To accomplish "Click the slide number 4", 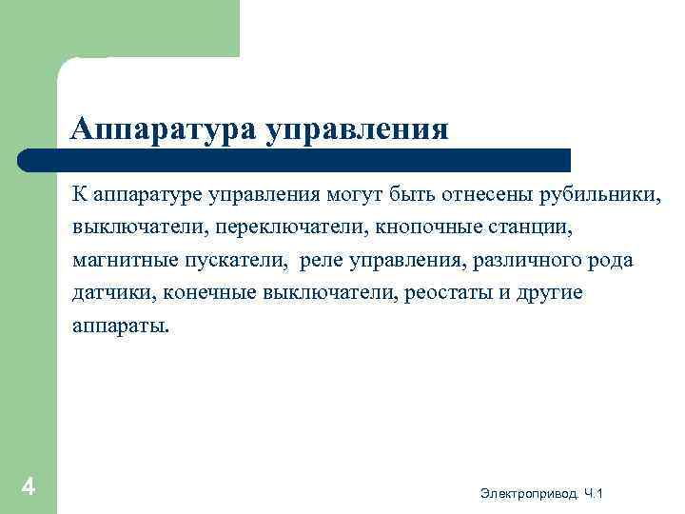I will [29, 487].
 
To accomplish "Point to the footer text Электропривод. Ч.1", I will [541, 492].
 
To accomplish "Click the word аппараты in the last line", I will [119, 326].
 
